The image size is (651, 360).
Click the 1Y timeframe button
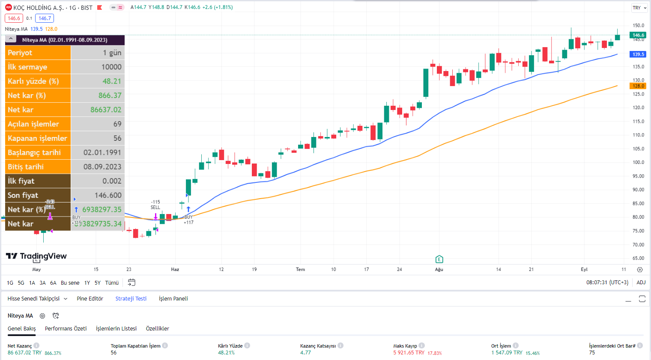[87, 283]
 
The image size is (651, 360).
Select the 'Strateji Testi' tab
[131, 299]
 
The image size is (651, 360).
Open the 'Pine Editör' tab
[90, 299]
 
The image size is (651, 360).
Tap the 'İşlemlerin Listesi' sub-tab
[116, 329]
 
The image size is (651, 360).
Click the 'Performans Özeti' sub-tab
[66, 329]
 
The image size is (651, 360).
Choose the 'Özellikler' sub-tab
[157, 329]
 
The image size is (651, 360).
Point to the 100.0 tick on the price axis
[638, 162]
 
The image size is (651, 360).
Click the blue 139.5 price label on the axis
[638, 54]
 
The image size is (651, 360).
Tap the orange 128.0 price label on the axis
[638, 86]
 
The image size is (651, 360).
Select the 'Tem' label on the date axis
[300, 270]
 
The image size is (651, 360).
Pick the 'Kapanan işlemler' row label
[37, 138]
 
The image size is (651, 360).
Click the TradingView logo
[36, 256]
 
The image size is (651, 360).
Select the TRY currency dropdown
[639, 8]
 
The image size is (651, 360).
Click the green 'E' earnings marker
[439, 259]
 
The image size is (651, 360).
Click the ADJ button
[641, 283]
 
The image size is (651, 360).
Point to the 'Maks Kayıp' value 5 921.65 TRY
[409, 353]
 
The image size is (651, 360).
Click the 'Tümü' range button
[112, 283]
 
